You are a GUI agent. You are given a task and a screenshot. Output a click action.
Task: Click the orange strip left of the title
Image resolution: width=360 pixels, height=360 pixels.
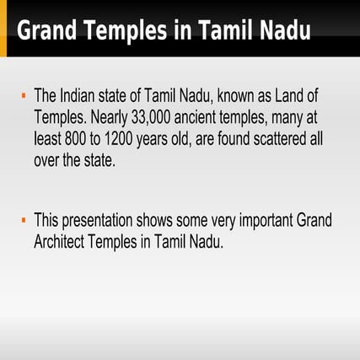tap(3, 30)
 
